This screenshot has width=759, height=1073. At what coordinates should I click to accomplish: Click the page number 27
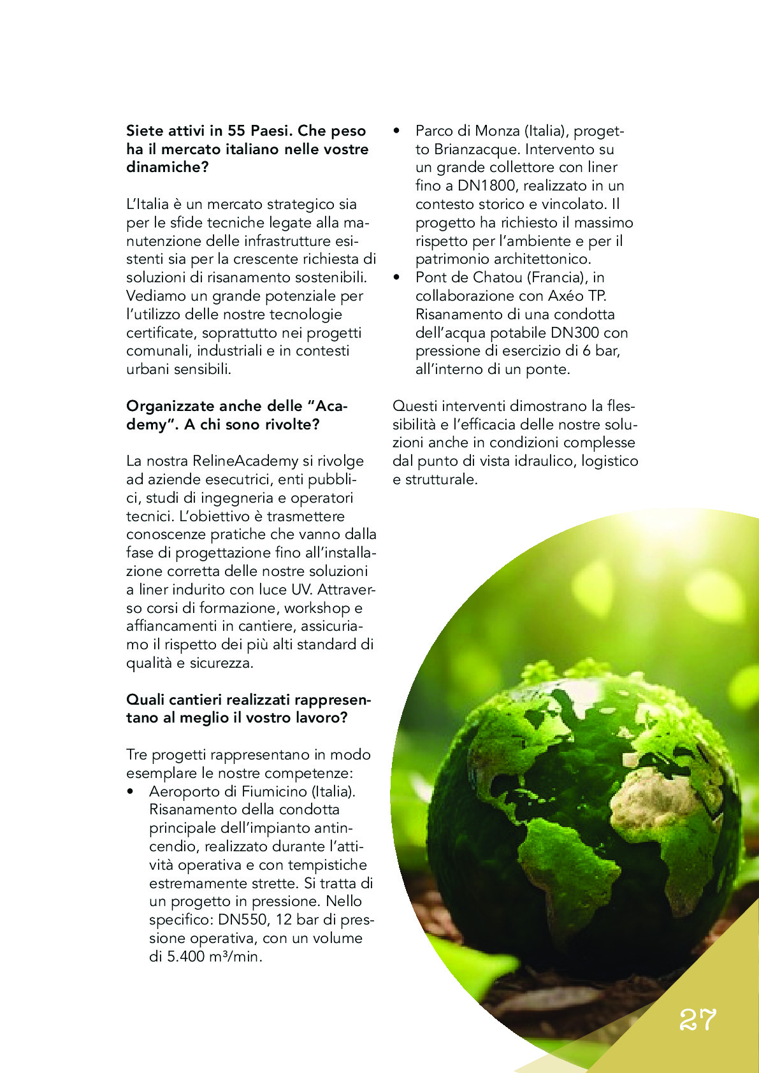coord(697,1020)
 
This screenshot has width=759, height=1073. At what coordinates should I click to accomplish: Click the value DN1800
coord(488,186)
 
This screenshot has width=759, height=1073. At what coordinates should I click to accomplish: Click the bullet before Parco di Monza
coord(397,131)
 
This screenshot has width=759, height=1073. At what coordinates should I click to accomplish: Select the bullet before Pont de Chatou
coord(397,278)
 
